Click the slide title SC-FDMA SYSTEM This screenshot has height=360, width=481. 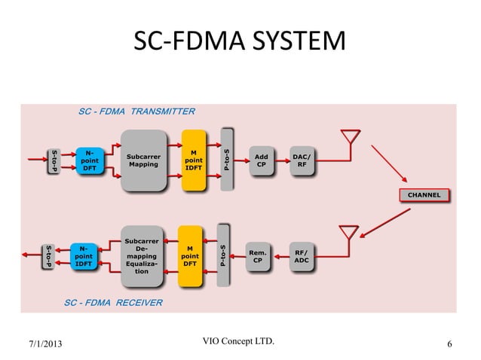(x=240, y=43)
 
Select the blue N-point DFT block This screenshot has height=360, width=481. (x=90, y=160)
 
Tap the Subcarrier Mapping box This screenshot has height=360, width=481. (x=143, y=160)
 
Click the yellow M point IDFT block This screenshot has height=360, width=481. (x=195, y=160)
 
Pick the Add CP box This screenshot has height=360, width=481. (x=262, y=160)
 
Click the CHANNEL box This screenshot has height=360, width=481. (x=424, y=195)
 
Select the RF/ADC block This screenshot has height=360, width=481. (x=300, y=255)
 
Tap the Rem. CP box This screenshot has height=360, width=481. (x=257, y=256)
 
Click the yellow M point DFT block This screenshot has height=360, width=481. (x=190, y=255)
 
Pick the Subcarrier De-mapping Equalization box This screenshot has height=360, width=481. (x=141, y=255)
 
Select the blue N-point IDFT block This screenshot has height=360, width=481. (x=84, y=255)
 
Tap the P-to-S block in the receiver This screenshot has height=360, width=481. (x=222, y=255)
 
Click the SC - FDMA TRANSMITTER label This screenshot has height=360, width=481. (x=137, y=111)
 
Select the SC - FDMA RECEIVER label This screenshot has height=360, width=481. (x=113, y=302)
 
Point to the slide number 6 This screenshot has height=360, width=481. (x=449, y=345)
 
